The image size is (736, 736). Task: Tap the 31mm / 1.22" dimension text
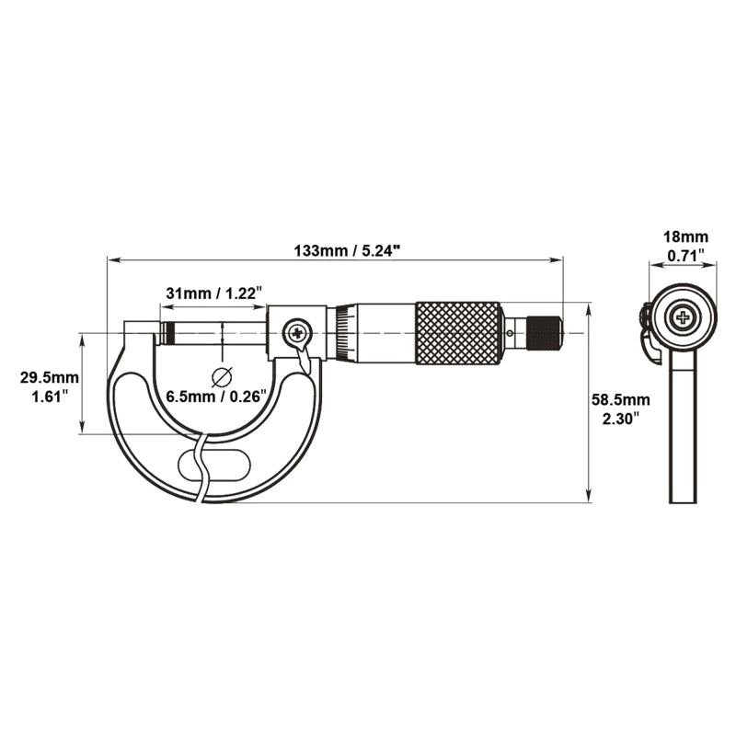click(213, 293)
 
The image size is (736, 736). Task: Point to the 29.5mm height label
click(50, 377)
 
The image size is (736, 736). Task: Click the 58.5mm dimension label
click(620, 400)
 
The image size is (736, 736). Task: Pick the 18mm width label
click(685, 237)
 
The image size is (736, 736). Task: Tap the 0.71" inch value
click(685, 256)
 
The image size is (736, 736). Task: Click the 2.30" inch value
click(621, 419)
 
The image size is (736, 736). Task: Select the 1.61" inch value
click(50, 397)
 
